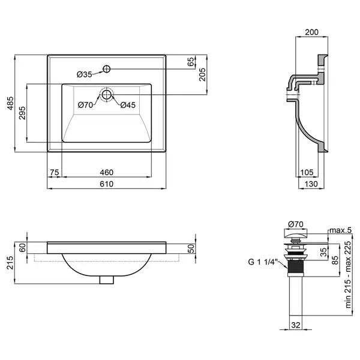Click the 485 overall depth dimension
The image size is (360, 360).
(x=11, y=103)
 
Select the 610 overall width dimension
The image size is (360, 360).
(x=107, y=184)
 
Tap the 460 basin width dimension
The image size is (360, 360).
(x=107, y=172)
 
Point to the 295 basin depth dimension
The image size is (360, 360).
(x=22, y=113)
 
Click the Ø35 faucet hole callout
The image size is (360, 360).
(x=84, y=74)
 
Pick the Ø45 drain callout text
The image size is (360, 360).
(x=128, y=105)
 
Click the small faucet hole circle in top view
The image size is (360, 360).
(x=107, y=68)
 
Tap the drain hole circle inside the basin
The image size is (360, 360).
(x=107, y=94)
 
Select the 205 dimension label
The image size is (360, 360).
(x=203, y=74)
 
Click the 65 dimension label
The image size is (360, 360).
(x=191, y=62)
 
